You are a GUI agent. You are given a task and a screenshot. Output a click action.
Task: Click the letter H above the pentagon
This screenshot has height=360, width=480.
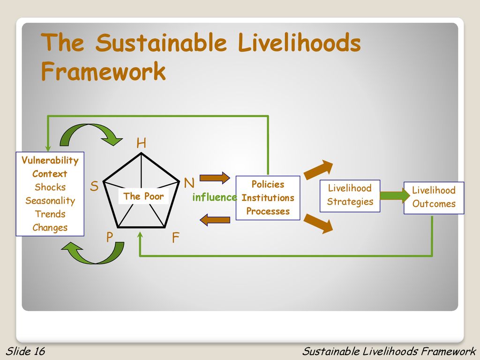click(141, 143)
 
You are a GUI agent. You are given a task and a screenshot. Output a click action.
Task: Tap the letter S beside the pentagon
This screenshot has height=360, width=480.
click(94, 186)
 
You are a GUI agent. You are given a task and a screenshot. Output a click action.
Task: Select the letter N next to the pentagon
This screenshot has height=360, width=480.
click(189, 183)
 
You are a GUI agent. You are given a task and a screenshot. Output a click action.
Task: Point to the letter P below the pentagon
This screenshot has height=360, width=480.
click(110, 237)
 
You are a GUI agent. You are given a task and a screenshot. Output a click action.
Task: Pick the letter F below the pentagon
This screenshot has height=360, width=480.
click(175, 237)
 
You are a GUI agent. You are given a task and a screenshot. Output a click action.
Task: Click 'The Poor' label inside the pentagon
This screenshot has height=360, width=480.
click(143, 196)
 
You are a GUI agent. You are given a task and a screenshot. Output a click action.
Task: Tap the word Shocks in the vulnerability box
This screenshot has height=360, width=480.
click(50, 187)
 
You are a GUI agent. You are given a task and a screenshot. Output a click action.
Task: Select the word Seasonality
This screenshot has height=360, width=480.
click(50, 201)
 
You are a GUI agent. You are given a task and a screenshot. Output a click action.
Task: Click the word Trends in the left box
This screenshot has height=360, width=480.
click(50, 214)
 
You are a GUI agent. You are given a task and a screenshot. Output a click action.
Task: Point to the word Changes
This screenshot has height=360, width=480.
click(50, 228)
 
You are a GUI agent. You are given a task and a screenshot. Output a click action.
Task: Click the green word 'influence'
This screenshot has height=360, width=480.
click(214, 197)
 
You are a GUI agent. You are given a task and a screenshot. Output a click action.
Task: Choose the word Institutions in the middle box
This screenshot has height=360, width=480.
click(268, 198)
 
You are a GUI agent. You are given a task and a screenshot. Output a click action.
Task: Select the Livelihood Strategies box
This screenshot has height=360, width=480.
click(350, 196)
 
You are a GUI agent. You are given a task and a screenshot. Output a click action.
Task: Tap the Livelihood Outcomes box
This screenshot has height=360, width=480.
click(434, 198)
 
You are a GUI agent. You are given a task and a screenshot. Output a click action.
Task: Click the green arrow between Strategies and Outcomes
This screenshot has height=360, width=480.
click(395, 195)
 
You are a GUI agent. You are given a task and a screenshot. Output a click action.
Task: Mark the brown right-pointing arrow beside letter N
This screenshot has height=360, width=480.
click(215, 178)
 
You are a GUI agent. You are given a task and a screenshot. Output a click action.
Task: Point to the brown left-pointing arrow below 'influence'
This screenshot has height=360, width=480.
click(215, 220)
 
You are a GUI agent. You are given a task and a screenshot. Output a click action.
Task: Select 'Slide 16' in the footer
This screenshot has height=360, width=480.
click(25, 351)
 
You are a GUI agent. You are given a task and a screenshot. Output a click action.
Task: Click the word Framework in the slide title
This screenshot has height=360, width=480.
click(104, 71)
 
